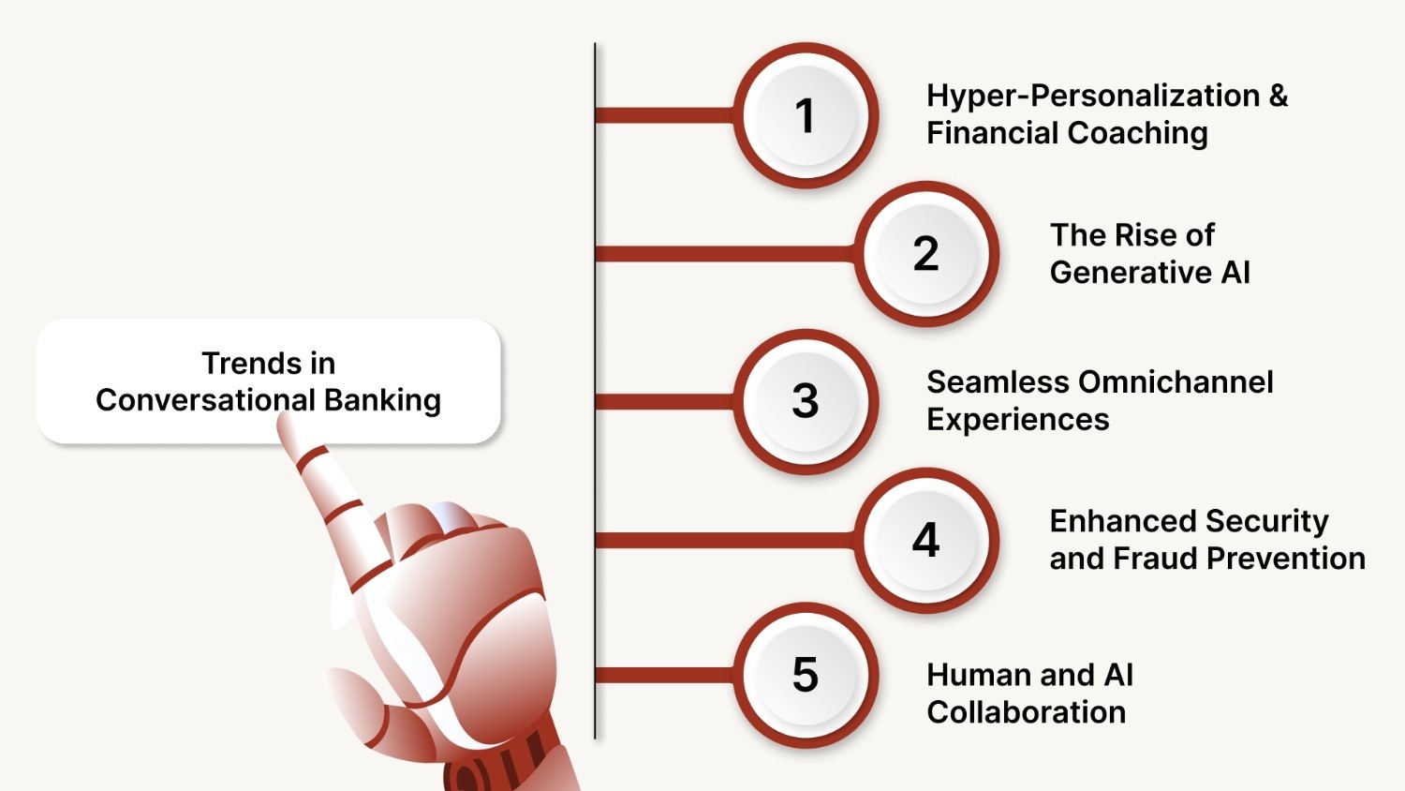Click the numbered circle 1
coord(806,115)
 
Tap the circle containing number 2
coord(926,254)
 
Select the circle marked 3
coord(806,401)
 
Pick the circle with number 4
coord(926,540)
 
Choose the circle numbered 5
coord(806,675)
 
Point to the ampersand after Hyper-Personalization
coord(1278,96)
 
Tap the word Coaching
coord(1138,134)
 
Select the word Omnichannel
coord(1176,381)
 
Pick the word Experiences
coord(1018,420)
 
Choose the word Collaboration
coord(1027,712)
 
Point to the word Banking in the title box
coord(382,400)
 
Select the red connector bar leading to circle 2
coord(725,254)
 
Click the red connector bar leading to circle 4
coord(725,540)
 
